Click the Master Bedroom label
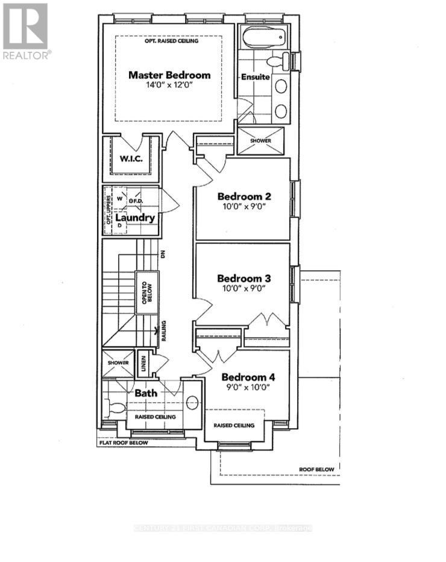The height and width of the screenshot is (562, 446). click(169, 75)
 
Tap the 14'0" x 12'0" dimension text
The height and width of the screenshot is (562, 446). click(169, 86)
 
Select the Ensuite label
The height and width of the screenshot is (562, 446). click(255, 77)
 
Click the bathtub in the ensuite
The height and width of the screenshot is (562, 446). click(265, 38)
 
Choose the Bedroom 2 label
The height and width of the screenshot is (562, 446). click(243, 196)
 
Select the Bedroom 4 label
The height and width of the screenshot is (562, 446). click(247, 377)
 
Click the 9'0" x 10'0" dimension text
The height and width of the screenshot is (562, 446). click(247, 388)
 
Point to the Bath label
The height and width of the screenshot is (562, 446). click(145, 393)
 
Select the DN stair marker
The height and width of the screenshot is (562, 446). click(163, 255)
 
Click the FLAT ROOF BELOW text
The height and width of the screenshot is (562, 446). click(123, 443)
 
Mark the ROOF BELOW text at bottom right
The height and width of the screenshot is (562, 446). click(316, 469)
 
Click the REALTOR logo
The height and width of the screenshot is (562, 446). click(25, 30)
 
